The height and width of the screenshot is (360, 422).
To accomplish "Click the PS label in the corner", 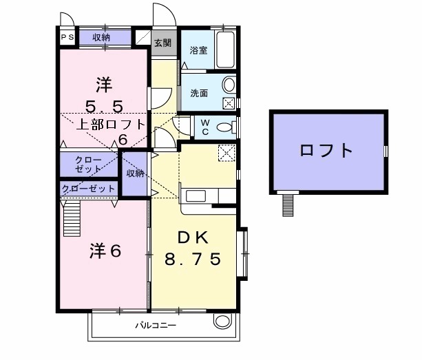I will tap(67, 37).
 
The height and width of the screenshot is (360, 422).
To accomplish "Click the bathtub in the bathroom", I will tap(226, 50).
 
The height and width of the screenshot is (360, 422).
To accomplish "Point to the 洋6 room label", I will tap(105, 252).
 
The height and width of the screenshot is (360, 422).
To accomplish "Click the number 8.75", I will tap(193, 260).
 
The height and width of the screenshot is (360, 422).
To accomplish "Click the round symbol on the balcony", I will tap(222, 321).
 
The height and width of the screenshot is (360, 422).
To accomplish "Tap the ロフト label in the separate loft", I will tap(326, 150).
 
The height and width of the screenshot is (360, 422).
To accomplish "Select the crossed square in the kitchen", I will tap(226, 153).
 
